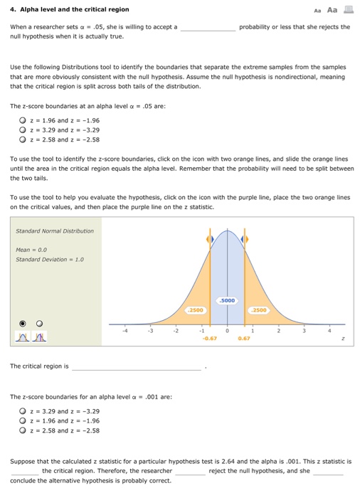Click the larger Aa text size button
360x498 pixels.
point(332,9)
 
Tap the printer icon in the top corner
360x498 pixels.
point(348,9)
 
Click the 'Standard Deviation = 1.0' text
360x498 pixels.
point(49,259)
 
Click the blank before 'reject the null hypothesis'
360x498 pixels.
point(190,471)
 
